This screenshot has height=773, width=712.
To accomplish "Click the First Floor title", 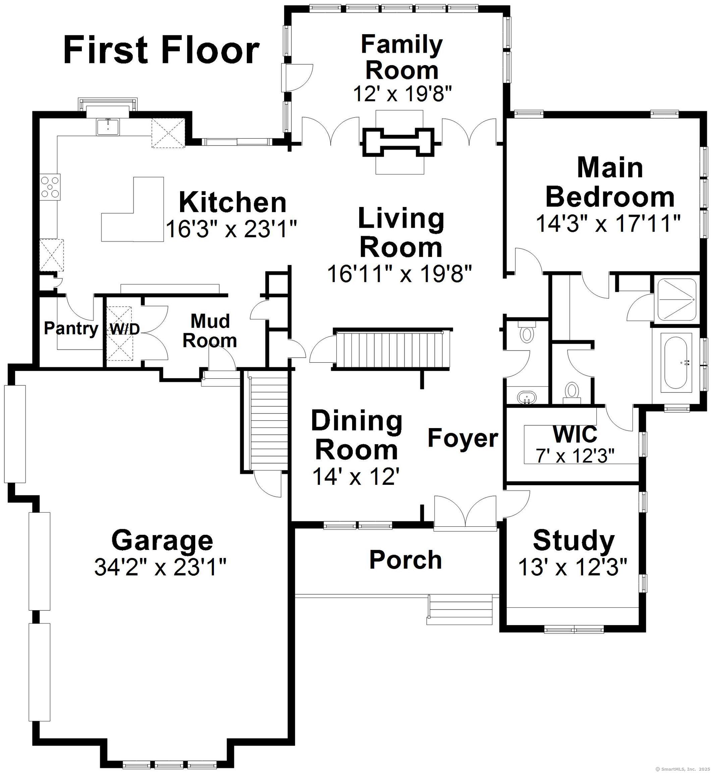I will (161, 50).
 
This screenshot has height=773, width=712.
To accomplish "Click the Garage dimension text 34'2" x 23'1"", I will (160, 567).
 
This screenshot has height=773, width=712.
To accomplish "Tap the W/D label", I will (124, 329).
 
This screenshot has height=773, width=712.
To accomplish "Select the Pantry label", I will (71, 328).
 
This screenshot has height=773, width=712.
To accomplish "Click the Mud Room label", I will (210, 330).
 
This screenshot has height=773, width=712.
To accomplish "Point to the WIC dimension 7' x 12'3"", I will (574, 456).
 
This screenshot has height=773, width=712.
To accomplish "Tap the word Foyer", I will (463, 438).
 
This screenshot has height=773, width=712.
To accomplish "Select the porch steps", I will (460, 610).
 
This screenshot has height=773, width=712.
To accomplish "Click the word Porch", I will (405, 560).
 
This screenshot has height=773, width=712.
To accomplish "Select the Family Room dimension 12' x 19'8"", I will (401, 93).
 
